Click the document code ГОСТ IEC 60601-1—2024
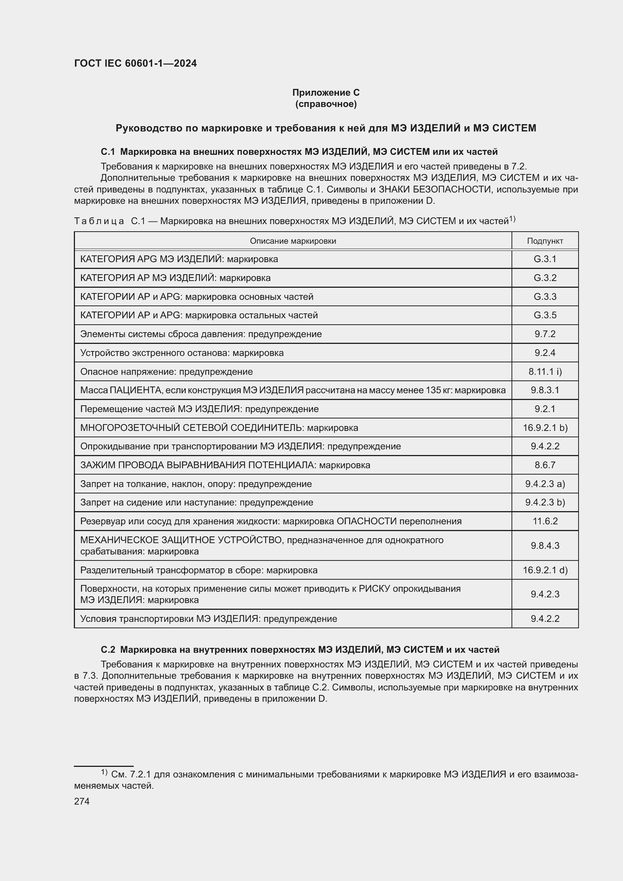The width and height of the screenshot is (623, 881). click(x=135, y=63)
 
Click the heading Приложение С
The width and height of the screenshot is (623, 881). click(x=326, y=93)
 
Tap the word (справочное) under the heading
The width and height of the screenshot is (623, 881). click(x=326, y=104)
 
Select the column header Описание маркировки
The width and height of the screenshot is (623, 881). click(x=293, y=241)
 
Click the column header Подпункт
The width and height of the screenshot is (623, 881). click(x=545, y=241)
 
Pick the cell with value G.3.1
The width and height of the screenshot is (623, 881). click(x=545, y=259)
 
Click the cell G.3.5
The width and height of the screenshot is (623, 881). click(x=545, y=315)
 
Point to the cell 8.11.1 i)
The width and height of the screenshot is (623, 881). click(x=545, y=371)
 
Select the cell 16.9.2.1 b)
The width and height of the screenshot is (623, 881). click(x=545, y=428)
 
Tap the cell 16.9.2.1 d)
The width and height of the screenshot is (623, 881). click(x=545, y=570)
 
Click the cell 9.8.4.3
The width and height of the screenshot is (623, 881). click(x=545, y=546)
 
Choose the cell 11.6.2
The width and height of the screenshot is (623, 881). click(x=545, y=521)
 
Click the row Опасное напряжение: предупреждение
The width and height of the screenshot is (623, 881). click(x=166, y=371)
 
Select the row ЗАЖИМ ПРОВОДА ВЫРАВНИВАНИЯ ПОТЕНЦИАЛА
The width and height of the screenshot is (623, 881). click(x=225, y=465)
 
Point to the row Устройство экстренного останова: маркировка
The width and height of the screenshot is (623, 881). click(x=182, y=353)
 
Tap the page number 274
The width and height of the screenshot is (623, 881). click(x=82, y=801)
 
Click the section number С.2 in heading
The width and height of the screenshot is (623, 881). click(x=108, y=650)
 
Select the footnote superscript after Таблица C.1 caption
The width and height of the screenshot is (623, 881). click(x=512, y=219)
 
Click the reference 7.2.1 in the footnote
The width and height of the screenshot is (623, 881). click(x=141, y=774)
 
